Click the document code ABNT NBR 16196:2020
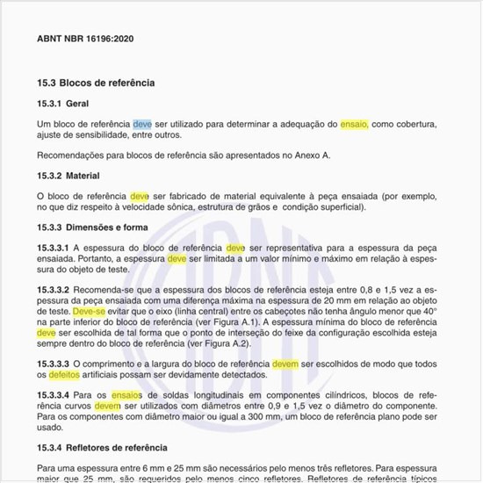point(85,40)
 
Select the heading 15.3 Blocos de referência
point(96,83)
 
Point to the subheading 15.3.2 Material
point(80,176)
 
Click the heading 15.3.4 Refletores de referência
point(108,448)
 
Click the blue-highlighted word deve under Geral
point(142,126)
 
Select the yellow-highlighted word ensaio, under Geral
point(355,126)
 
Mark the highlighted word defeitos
point(69,374)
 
